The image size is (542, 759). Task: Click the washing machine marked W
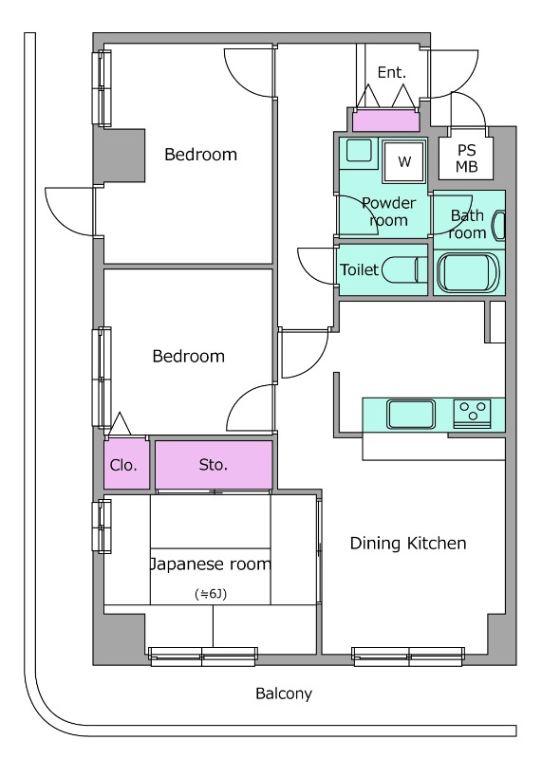[404, 161]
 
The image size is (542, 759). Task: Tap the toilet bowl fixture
[404, 269]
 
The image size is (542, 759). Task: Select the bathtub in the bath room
[468, 271]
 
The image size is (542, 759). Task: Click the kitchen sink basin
[411, 414]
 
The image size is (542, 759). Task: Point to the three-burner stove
[473, 414]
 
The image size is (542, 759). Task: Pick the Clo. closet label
[123, 465]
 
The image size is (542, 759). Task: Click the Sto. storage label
[214, 465]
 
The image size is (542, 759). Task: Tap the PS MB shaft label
[467, 158]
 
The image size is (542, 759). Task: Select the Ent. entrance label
[391, 73]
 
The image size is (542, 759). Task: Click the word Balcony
[284, 694]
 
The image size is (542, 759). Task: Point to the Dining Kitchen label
[408, 543]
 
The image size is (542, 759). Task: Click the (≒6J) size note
[211, 594]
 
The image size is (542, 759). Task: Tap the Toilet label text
[359, 269]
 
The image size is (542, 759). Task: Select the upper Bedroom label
[200, 155]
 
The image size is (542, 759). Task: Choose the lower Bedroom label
[188, 357]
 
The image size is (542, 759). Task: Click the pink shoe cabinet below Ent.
[385, 121]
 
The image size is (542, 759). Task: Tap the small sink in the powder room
[359, 150]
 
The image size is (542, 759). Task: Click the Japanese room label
[210, 565]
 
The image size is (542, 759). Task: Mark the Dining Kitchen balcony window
[408, 657]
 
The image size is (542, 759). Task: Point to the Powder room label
[388, 212]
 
